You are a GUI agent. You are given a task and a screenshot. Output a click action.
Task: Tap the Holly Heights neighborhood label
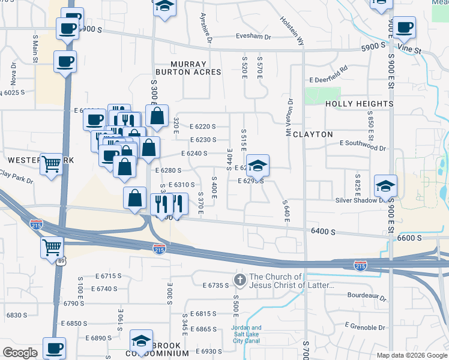coord(359,104)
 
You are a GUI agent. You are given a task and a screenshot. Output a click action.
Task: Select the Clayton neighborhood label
coord(313,134)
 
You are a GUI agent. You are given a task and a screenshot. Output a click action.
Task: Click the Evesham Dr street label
coord(253,36)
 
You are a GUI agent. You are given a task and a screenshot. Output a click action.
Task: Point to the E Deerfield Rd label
coord(329,79)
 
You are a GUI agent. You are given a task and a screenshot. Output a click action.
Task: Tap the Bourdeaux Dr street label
coord(367,295)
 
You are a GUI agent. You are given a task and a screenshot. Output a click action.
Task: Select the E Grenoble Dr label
coord(364,327)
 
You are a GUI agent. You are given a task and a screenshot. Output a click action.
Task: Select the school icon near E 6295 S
coord(258,166)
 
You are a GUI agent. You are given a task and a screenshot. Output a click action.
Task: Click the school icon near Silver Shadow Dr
coord(385,185)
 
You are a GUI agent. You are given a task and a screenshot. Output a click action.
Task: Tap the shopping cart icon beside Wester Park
coord(52,163)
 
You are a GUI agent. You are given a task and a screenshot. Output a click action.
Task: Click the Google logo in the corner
coord(20,353)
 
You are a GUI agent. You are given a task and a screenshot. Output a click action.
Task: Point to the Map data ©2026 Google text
coord(411,355)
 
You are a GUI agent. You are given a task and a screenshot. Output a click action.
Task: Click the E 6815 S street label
coord(203,314)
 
